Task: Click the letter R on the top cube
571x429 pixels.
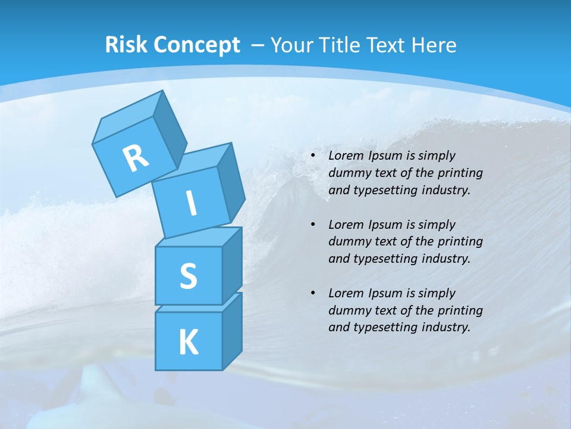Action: point(136,157)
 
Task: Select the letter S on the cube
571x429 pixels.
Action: point(188,276)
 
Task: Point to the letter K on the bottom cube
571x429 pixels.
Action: point(188,342)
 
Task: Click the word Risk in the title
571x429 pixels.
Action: point(127,45)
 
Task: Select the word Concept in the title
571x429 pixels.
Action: point(197,45)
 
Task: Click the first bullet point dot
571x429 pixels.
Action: point(313,156)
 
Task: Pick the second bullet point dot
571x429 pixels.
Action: point(313,225)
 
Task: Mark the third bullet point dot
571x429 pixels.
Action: point(313,293)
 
